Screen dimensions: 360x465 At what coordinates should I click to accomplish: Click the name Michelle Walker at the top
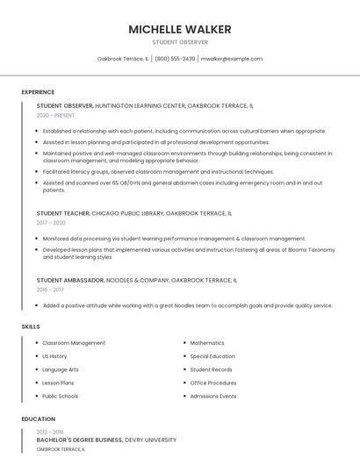pos(180,29)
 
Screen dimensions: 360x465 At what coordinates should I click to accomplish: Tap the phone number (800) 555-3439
pos(175,59)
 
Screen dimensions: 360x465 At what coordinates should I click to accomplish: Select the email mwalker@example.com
pos(231,59)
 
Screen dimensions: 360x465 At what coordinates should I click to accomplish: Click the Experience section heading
pos(38,92)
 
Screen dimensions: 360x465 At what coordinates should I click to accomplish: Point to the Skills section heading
pos(31,326)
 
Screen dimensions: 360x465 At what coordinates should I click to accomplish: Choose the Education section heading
pos(38,419)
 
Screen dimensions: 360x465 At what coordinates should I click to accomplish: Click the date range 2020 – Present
pos(56,115)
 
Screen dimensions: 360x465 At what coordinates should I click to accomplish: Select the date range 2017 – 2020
pos(52,223)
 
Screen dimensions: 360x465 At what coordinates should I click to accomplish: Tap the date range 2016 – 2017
pos(51,290)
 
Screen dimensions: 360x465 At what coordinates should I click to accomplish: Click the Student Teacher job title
pos(61,213)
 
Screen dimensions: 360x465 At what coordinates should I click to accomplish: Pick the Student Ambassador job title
pos(70,280)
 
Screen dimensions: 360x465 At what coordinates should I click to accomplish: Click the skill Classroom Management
pos(74,343)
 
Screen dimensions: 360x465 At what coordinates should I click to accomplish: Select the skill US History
pos(54,356)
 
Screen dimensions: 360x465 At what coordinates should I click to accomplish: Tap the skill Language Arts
pos(61,369)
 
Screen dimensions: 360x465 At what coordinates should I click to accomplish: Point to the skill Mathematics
pos(207,343)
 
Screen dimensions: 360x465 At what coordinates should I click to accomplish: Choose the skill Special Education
pos(212,356)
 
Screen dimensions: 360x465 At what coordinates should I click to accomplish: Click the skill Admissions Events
pos(213,396)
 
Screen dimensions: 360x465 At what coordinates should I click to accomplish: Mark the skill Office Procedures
pos(213,383)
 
